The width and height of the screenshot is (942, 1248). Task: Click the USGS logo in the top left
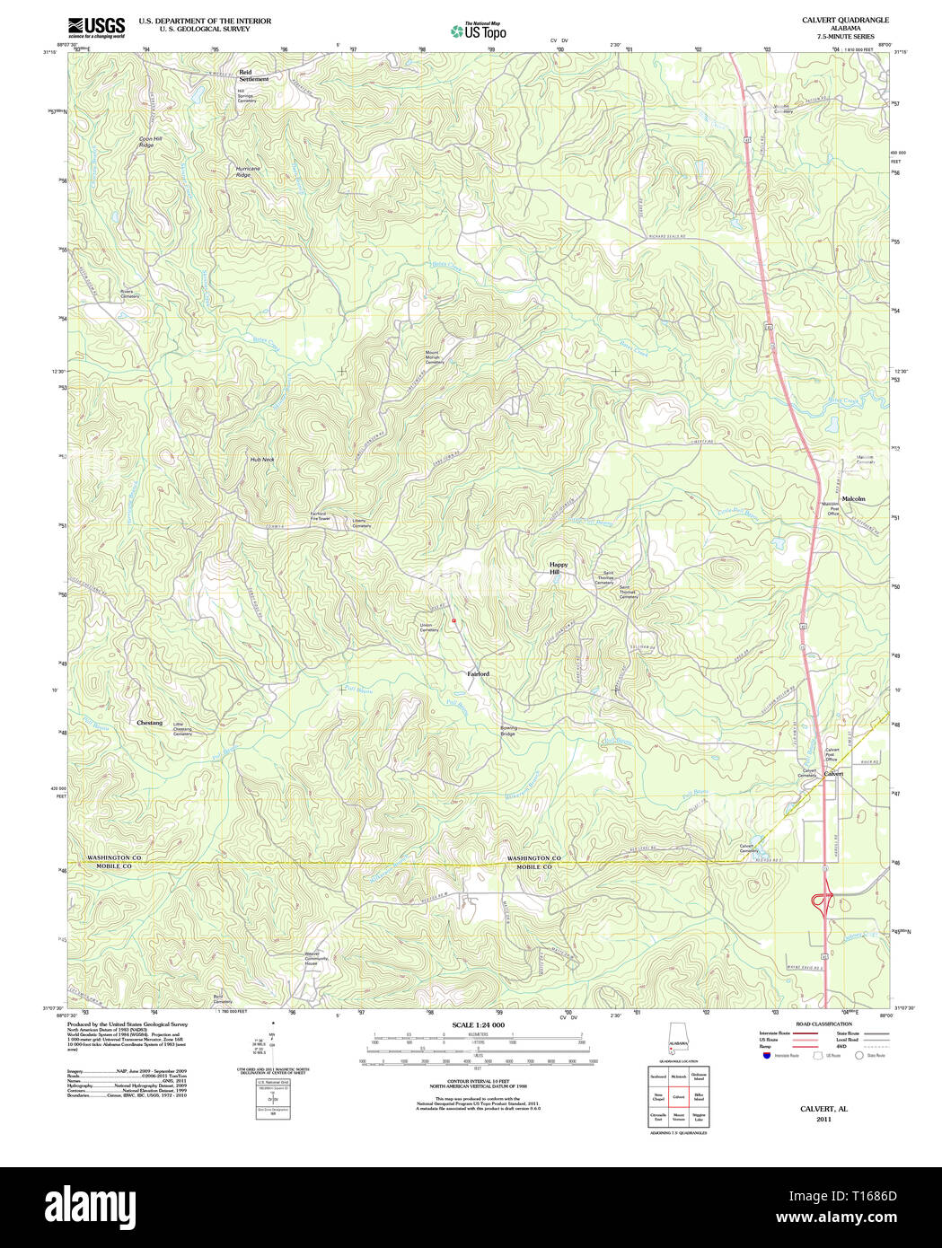96,27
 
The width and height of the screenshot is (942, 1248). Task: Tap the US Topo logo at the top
479,31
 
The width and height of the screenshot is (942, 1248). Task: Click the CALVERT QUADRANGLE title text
832,20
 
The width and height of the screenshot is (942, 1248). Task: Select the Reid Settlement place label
253,75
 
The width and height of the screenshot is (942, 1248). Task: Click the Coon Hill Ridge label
150,141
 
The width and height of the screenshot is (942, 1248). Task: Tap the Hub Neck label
261,460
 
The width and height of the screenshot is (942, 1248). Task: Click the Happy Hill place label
559,568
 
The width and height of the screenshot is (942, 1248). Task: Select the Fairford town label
478,673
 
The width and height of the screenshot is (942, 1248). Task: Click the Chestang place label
150,723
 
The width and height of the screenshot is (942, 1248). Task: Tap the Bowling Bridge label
508,731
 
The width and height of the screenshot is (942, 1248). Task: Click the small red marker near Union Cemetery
454,620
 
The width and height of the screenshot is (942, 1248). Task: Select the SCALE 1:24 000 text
478,1024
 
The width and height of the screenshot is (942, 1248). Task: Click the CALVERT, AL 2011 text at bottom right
823,1113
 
